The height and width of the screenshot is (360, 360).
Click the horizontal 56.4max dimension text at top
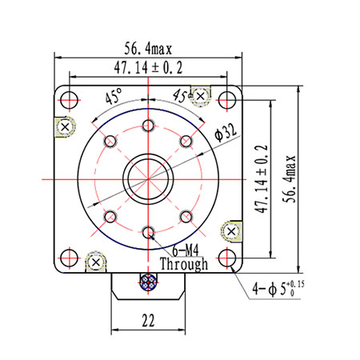coord(148,49)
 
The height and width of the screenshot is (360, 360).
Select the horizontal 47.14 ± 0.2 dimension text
coord(148,67)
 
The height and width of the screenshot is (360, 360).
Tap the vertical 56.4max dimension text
coord(290,179)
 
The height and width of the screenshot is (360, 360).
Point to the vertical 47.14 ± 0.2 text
coord(261,179)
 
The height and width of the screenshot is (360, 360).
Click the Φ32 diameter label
coord(226,132)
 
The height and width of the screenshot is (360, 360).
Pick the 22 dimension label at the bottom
coord(148,321)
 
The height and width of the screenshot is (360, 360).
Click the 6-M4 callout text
coord(186,250)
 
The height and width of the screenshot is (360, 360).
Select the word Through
coord(184,264)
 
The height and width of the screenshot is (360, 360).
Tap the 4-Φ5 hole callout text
coord(278,289)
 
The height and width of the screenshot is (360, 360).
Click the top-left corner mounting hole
coord(69,100)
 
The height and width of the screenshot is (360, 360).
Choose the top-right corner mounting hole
coord(227,100)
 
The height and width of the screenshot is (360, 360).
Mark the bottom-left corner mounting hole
coord(69,258)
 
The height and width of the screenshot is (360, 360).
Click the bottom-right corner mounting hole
coord(227,258)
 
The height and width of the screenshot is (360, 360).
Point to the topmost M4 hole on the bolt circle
coord(148,126)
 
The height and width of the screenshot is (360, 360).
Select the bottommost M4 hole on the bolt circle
coord(148,233)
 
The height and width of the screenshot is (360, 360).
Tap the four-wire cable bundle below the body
coord(148,282)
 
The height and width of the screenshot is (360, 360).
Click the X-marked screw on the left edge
coord(65,127)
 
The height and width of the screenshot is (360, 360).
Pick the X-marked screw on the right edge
coord(231,231)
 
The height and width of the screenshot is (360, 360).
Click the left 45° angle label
coord(114,97)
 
